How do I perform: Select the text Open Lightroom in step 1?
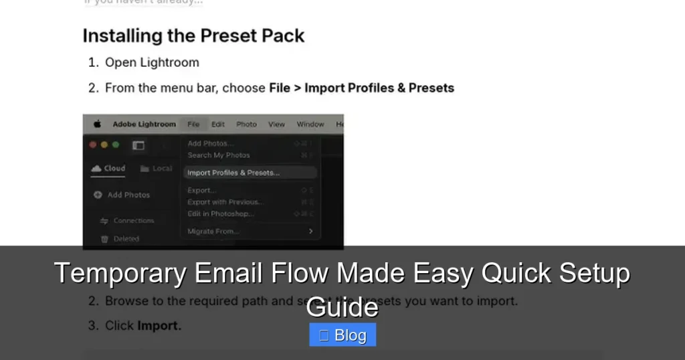[x=152, y=62]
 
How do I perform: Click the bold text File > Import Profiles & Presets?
[x=361, y=88]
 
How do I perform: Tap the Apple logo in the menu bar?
[x=97, y=124]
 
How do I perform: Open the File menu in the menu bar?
[x=193, y=124]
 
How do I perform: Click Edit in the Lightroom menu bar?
[x=218, y=124]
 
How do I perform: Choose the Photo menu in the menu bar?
[x=246, y=124]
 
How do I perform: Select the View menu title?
[x=276, y=124]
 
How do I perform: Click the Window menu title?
[x=310, y=124]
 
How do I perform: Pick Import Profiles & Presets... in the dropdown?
[x=233, y=173]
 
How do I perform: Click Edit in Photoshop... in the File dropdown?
[x=221, y=213]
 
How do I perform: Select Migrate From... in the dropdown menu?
[x=213, y=232]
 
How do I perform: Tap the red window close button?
[x=93, y=145]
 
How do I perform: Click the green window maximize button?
[x=115, y=145]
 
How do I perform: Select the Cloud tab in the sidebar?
[x=108, y=169]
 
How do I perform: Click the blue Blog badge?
[x=342, y=335]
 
